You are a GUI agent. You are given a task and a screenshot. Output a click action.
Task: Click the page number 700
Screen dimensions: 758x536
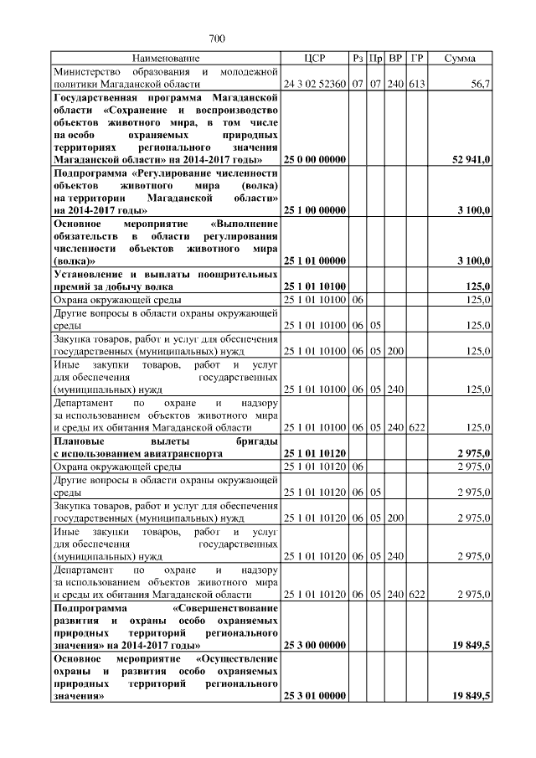point(217,39)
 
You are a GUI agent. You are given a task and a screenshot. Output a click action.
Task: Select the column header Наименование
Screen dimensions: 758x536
point(166,59)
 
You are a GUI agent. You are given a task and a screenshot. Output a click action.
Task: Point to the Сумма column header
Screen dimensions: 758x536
point(460,59)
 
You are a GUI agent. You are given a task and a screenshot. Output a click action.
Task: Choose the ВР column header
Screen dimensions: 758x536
point(396,59)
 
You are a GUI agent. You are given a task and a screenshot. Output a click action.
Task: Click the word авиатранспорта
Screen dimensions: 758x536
point(183,453)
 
